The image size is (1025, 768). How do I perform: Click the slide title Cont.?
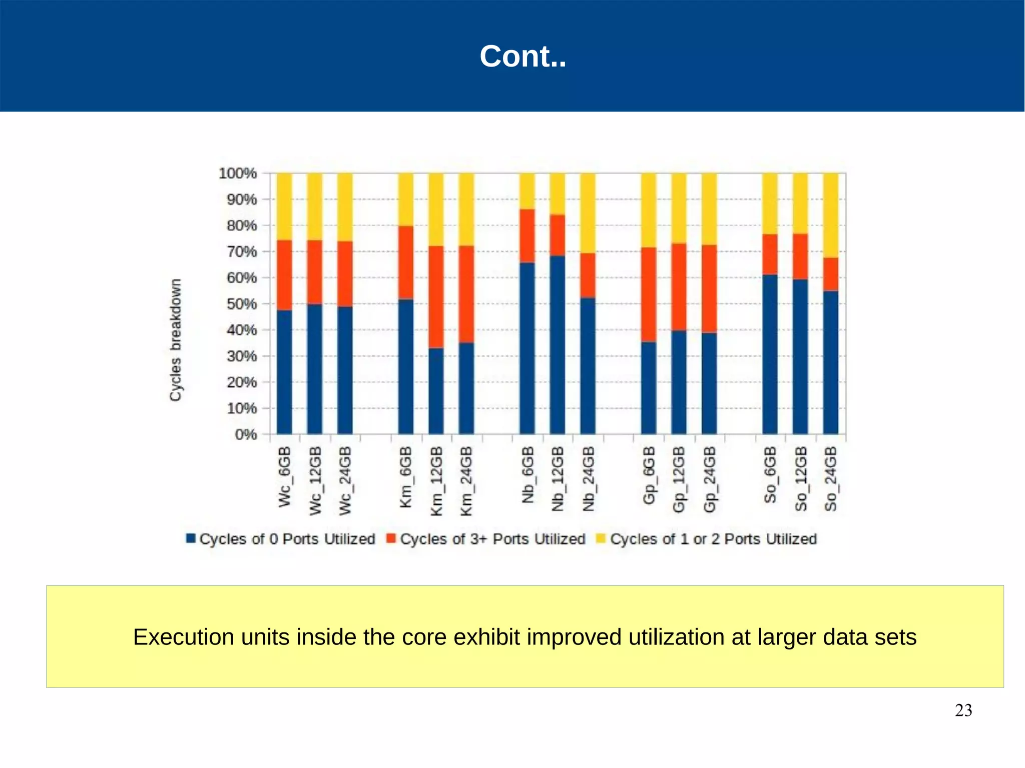(x=523, y=56)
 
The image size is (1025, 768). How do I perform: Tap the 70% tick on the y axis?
(x=242, y=252)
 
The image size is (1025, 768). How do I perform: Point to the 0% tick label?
(x=246, y=434)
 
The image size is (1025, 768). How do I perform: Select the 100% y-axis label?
(x=238, y=173)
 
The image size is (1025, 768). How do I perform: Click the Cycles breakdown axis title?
(x=175, y=340)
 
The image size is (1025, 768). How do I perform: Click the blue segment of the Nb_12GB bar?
(x=557, y=345)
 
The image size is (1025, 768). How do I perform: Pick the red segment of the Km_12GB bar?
(x=436, y=297)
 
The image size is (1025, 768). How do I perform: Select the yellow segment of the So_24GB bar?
(x=830, y=215)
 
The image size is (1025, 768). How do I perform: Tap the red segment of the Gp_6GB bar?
(x=649, y=294)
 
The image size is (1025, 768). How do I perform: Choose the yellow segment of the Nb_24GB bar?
(x=588, y=213)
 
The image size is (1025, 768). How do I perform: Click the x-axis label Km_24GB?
(x=466, y=481)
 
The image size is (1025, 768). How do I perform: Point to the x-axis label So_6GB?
(x=770, y=475)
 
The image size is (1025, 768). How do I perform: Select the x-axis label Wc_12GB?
(x=315, y=481)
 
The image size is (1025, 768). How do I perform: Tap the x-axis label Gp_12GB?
(x=679, y=479)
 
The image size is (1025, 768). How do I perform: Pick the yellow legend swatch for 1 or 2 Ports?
(x=601, y=538)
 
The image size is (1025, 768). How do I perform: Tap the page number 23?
(x=963, y=710)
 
